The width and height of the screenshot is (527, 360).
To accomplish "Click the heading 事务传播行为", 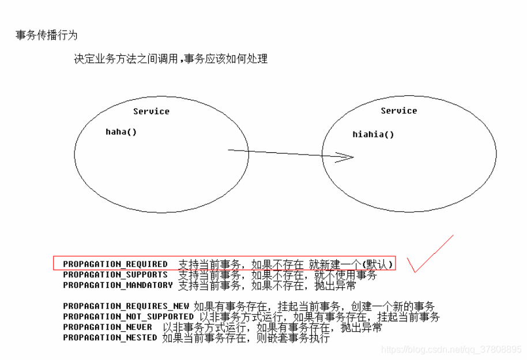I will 46,36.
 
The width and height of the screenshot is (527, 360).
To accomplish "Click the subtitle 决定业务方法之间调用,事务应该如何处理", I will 171,59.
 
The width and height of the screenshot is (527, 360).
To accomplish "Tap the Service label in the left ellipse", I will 151,111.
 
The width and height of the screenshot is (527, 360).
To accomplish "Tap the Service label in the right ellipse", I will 398,111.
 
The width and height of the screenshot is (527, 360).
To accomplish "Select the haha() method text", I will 121,132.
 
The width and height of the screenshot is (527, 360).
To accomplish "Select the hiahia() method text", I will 373,134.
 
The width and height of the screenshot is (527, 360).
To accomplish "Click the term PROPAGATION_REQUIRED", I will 115,264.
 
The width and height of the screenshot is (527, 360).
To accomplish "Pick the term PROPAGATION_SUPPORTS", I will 115,275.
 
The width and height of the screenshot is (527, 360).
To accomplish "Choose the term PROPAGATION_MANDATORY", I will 118,285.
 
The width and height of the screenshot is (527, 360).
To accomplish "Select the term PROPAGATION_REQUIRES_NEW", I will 126,306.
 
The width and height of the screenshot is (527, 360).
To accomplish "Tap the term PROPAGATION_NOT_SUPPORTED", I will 128,317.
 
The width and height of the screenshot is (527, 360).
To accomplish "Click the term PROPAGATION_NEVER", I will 107,327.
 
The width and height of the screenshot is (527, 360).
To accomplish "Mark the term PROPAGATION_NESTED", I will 110,337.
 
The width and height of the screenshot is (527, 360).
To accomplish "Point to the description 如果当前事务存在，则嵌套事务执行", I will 246,337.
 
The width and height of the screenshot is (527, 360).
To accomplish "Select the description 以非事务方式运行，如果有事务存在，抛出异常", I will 272,327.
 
